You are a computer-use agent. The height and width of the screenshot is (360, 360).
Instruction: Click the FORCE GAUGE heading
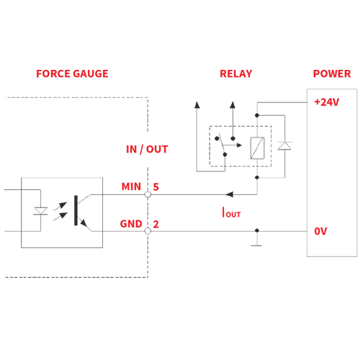[72, 73]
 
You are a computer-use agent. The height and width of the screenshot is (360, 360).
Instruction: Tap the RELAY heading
[236, 73]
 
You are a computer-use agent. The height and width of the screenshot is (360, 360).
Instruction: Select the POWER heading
[332, 73]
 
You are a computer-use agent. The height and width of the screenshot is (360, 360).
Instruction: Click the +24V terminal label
[327, 102]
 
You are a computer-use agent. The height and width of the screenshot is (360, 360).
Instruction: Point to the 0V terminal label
[320, 231]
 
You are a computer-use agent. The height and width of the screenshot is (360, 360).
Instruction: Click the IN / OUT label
[147, 149]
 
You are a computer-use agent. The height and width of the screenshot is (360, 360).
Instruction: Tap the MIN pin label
[131, 186]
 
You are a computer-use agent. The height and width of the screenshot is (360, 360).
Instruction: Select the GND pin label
[131, 224]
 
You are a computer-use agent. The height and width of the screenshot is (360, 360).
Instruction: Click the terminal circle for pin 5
[148, 194]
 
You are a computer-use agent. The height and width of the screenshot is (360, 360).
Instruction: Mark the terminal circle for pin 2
[148, 231]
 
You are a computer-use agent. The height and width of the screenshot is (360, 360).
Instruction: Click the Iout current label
[231, 212]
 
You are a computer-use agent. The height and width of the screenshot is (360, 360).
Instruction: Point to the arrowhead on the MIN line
[230, 194]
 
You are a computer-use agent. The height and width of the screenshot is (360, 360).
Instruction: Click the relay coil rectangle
[257, 148]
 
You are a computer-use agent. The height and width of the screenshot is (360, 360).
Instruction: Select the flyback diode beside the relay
[284, 145]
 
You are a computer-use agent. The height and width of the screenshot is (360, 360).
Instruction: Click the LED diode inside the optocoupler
[40, 211]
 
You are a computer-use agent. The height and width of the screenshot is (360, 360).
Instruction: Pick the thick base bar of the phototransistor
[76, 210]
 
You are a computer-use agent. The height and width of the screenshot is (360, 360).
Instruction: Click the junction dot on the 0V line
[257, 230]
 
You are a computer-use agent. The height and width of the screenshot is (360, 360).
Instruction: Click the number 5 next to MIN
[156, 186]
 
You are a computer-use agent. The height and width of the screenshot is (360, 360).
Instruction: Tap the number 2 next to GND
[156, 224]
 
